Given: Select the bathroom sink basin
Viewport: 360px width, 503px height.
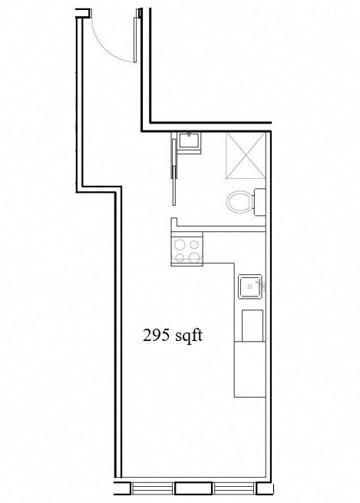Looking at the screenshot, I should pyautogui.click(x=188, y=141).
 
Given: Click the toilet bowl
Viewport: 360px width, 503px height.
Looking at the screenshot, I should pyautogui.click(x=239, y=204).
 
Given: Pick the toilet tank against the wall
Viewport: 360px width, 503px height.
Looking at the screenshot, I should pyautogui.click(x=260, y=203).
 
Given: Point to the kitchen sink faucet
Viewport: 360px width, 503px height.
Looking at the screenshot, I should pyautogui.click(x=263, y=287).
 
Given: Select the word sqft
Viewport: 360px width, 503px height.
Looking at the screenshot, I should pyautogui.click(x=188, y=335).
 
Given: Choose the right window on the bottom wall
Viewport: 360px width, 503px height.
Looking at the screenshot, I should pyautogui.click(x=233, y=488).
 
